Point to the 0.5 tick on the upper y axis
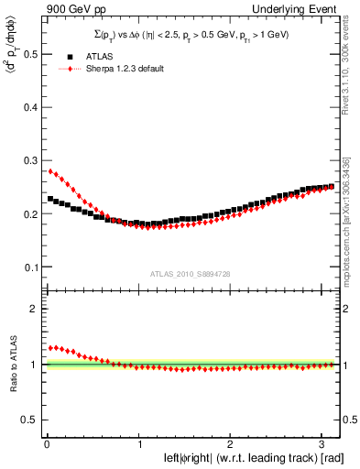click(33, 54)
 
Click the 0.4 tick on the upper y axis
click(33, 108)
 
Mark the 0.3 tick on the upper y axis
click(33, 161)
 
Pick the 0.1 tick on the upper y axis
click(33, 267)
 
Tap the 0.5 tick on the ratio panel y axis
click(33, 420)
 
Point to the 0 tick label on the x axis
click(47, 443)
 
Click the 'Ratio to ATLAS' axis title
click(11, 365)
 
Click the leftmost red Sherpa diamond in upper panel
click(50, 170)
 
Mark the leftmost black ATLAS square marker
click(50, 199)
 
